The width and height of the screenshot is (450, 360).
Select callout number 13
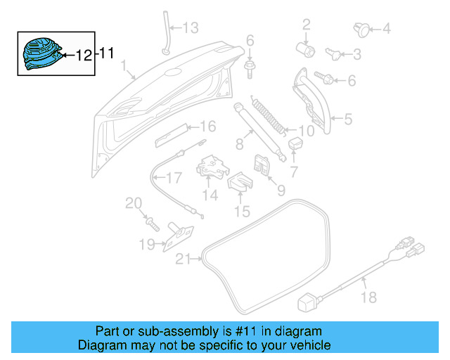click(x=191, y=28)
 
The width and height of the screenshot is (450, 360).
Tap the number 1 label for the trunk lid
click(x=124, y=68)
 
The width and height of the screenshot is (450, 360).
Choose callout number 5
click(x=347, y=120)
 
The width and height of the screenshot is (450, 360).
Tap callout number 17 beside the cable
click(x=174, y=178)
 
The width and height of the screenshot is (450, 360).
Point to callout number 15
click(x=241, y=211)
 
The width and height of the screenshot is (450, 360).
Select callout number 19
click(x=146, y=245)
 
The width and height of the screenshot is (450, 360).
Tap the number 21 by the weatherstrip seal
click(x=183, y=259)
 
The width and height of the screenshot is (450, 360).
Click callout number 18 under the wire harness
click(x=368, y=298)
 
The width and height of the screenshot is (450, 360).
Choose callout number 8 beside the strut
click(x=239, y=144)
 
